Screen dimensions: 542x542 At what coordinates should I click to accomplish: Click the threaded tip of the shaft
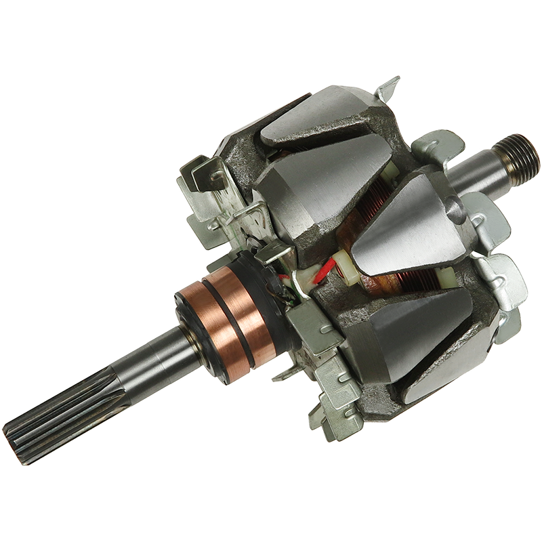click(520, 154)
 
